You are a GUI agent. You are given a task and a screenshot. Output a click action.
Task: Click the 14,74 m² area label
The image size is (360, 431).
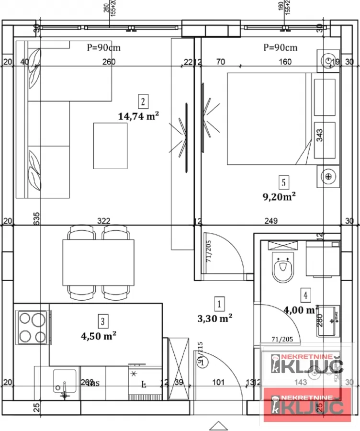pos(138,115)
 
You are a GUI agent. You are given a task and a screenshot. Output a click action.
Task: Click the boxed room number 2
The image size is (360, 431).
pos(142,101)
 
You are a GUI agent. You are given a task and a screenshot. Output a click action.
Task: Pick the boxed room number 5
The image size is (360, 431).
pos(284,182)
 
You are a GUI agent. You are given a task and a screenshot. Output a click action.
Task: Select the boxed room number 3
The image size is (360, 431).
pos(101,320)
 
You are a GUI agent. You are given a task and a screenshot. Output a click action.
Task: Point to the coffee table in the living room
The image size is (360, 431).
pos(110,146)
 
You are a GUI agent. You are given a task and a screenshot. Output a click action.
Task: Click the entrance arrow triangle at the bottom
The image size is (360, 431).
pos(217,425)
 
